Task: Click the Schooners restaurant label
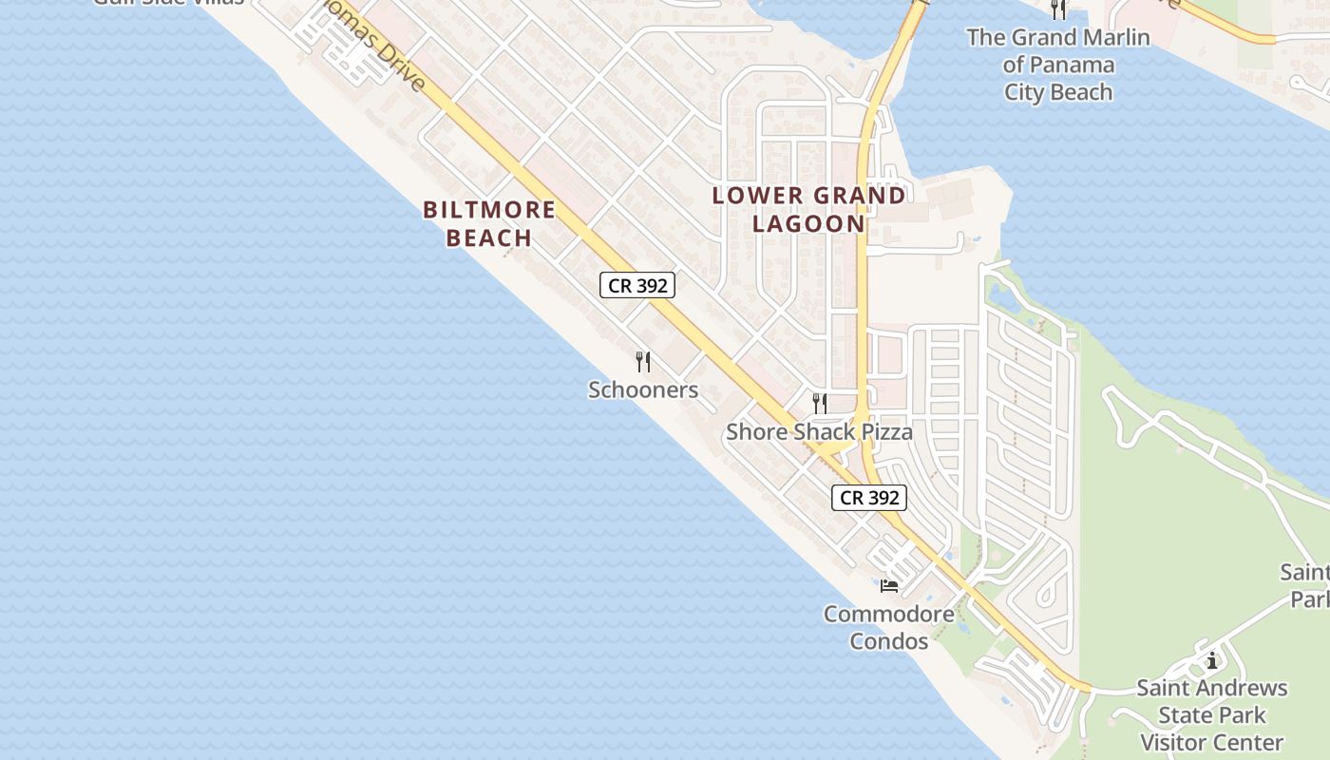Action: point(643,389)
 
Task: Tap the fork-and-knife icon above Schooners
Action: point(643,362)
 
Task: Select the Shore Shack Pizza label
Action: point(819,432)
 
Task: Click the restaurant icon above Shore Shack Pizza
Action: point(820,404)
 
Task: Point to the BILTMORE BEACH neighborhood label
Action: point(489,223)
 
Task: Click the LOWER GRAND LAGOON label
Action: point(809,210)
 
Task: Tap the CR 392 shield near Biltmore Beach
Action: point(637,285)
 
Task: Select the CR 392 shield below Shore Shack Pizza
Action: point(869,498)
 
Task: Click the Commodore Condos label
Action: point(889,627)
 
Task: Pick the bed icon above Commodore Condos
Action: point(889,584)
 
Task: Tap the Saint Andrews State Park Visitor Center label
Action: point(1212,714)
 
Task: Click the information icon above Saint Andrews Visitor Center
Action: point(1212,660)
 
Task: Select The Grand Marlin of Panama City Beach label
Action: point(1058,65)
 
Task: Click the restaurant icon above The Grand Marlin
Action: point(1058,9)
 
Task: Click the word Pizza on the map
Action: point(884,432)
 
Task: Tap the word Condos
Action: point(889,641)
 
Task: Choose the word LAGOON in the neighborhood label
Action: point(809,224)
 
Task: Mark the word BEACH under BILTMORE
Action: point(489,237)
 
